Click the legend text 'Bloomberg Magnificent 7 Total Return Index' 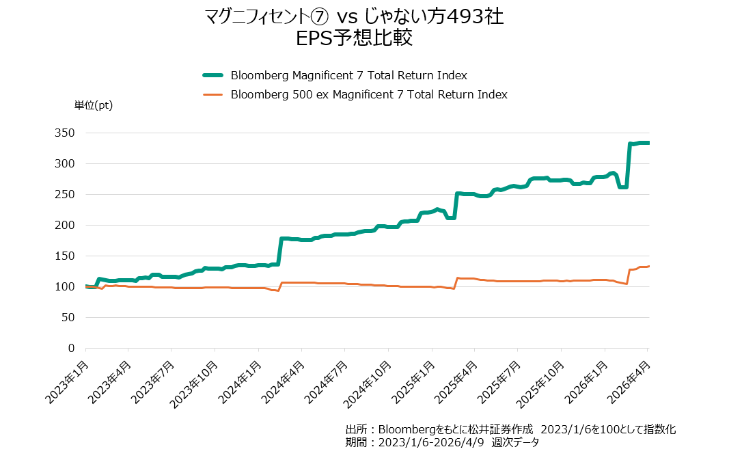coord(348,75)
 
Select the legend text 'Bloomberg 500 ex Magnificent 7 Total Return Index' coord(369,94)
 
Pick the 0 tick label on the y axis coord(70,348)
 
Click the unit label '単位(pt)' coord(94,105)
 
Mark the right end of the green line coord(648,143)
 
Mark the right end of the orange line coord(648,266)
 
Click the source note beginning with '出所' coord(510,429)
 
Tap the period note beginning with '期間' coord(442,442)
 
